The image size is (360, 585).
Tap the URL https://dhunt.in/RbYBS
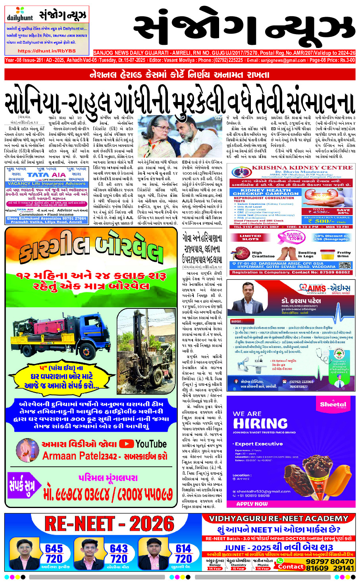pyautogui.click(x=46, y=51)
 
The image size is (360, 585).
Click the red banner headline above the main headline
pyautogui.click(x=179, y=74)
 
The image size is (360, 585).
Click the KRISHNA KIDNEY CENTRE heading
pyautogui.click(x=302, y=167)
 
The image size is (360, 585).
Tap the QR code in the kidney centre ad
pyautogui.click(x=345, y=266)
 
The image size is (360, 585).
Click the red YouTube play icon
pyautogui.click(x=126, y=444)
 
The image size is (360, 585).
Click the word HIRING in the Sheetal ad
pyautogui.click(x=260, y=423)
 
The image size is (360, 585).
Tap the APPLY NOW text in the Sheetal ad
pyautogui.click(x=252, y=504)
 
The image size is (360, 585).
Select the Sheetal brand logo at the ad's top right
pyautogui.click(x=333, y=404)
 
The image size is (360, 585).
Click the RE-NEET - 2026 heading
pyautogui.click(x=109, y=524)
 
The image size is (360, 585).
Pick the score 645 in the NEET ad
pyautogui.click(x=54, y=548)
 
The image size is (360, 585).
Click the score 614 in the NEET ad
pyautogui.click(x=183, y=548)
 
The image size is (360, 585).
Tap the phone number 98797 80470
pyautogui.click(x=330, y=562)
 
